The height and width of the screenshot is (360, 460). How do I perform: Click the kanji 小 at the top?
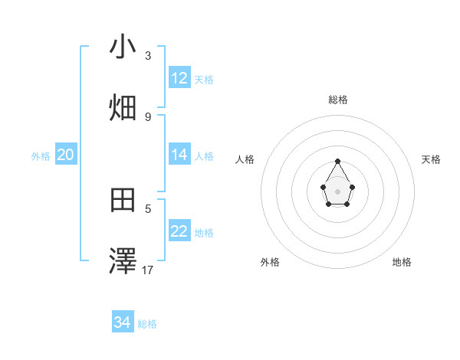(123, 47)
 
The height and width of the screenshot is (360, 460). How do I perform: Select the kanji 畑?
(123, 108)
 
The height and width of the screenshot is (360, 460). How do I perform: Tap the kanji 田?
(123, 201)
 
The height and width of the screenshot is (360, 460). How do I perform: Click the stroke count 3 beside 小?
(148, 55)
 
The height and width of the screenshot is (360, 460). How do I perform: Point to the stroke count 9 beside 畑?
(148, 116)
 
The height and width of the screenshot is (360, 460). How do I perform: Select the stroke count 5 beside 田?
(148, 208)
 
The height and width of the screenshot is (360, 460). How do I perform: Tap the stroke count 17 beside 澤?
(148, 270)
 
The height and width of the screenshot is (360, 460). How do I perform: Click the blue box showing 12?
(179, 78)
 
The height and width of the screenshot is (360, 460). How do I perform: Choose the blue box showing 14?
(179, 155)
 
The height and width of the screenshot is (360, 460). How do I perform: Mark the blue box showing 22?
(179, 231)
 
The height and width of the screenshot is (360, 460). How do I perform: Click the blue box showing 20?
(66, 155)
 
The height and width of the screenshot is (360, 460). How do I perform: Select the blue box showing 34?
(123, 323)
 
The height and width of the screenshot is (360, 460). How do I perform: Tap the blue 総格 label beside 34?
(147, 324)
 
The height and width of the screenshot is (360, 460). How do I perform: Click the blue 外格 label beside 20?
(41, 155)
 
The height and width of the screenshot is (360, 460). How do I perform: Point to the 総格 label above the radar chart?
(338, 100)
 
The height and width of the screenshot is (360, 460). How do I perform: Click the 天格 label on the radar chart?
(431, 159)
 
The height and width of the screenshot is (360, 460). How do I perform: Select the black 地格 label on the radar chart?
(402, 262)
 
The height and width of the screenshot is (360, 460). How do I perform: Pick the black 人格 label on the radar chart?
(245, 159)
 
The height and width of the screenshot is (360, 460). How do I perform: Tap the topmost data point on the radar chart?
(338, 161)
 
